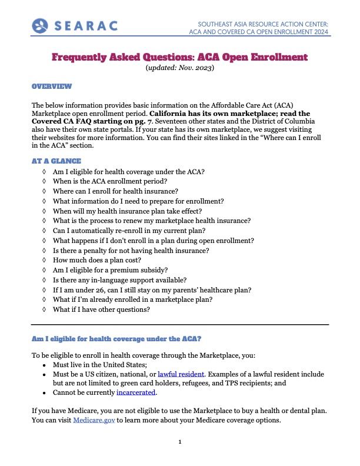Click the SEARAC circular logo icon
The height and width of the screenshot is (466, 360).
tap(40, 25)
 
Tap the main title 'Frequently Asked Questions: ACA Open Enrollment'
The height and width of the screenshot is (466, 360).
tap(179, 57)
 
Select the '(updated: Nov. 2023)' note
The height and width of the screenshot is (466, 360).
tap(179, 68)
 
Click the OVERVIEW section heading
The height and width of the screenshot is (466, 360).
tap(52, 86)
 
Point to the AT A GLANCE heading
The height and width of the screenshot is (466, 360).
tap(56, 161)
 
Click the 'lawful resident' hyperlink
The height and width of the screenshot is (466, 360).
tap(181, 374)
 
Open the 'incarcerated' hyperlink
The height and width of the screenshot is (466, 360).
tap(136, 392)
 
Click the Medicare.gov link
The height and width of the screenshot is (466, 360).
tap(94, 420)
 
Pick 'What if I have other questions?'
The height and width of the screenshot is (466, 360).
tap(101, 309)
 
